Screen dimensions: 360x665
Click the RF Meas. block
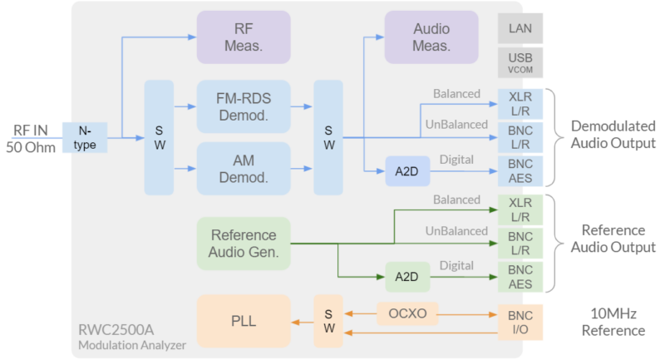[244, 37]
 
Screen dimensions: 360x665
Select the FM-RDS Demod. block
[244, 106]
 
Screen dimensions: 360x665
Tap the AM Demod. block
[244, 168]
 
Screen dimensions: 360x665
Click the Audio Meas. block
[431, 37]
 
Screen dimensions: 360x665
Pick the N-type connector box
[86, 138]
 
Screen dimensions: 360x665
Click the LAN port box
[520, 28]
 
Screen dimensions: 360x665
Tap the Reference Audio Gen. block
[244, 244]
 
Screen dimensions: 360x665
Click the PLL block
[244, 321]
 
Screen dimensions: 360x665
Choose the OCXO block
[407, 314]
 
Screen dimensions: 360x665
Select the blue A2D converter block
[407, 170]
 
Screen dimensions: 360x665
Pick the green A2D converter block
[407, 276]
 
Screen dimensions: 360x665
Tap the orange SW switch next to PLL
[328, 321]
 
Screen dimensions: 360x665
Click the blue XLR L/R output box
[520, 103]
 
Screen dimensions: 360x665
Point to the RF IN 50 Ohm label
[32, 138]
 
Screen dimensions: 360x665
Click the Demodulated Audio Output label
[613, 134]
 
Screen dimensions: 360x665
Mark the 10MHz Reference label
[613, 323]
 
